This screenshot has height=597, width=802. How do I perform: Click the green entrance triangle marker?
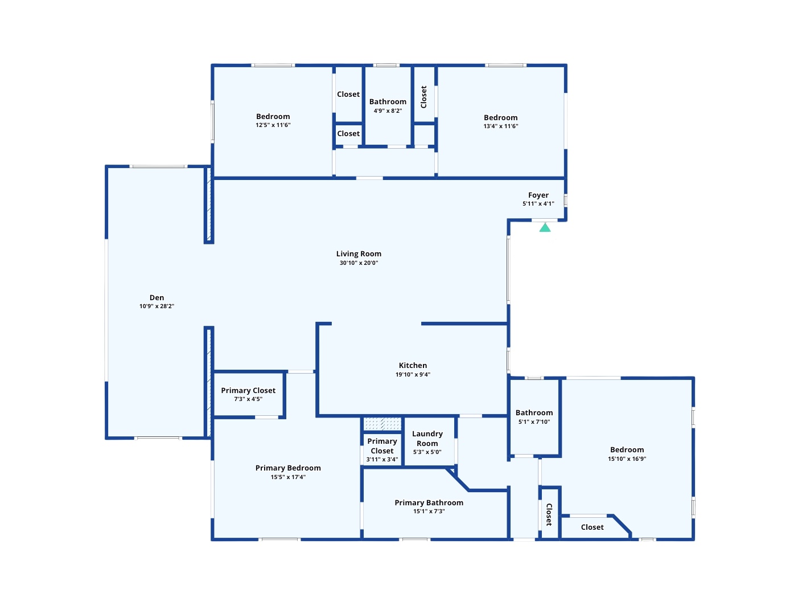pyautogui.click(x=545, y=228)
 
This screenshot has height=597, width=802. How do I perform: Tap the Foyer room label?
pyautogui.click(x=538, y=195)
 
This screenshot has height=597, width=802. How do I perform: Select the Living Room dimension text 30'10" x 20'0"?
pyautogui.click(x=359, y=263)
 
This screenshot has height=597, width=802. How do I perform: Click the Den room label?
pyautogui.click(x=157, y=297)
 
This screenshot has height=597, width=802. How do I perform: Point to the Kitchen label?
pyautogui.click(x=413, y=365)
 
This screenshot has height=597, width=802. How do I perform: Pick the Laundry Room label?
pyautogui.click(x=427, y=439)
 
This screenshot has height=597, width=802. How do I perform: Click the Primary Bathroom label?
pyautogui.click(x=429, y=502)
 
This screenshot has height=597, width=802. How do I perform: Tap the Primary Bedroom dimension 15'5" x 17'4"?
pyautogui.click(x=288, y=477)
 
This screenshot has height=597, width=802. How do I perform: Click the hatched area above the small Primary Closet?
pyautogui.click(x=382, y=424)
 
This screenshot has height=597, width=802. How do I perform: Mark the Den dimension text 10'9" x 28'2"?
pyautogui.click(x=157, y=306)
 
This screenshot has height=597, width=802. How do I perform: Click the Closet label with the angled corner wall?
pyautogui.click(x=593, y=527)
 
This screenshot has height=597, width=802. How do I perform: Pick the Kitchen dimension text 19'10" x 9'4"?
pyautogui.click(x=413, y=374)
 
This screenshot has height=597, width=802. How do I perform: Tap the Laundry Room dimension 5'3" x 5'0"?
pyautogui.click(x=427, y=452)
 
